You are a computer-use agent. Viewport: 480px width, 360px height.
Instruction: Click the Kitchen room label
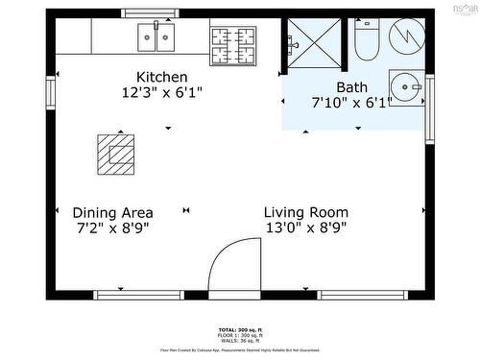click(x=161, y=77)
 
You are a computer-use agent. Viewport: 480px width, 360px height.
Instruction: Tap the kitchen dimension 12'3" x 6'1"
click(x=161, y=92)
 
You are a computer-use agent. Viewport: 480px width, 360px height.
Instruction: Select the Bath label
click(x=351, y=86)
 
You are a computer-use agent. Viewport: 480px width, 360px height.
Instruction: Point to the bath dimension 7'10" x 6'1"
click(x=351, y=102)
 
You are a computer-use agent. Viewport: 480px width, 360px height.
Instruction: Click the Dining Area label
click(x=112, y=212)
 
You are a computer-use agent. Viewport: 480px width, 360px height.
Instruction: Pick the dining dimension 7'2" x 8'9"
click(x=112, y=228)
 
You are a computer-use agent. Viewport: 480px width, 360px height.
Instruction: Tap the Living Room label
click(x=306, y=212)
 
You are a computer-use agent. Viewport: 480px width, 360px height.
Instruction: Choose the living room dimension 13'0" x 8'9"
click(x=306, y=228)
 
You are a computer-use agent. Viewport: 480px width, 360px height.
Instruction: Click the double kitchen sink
click(x=156, y=37)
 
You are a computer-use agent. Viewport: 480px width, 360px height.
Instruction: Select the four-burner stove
click(x=233, y=39)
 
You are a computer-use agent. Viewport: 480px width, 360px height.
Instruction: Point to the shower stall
click(x=310, y=38)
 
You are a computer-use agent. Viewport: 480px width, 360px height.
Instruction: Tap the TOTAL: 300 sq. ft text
click(x=239, y=328)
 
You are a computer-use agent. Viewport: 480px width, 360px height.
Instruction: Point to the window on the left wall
click(x=50, y=95)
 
